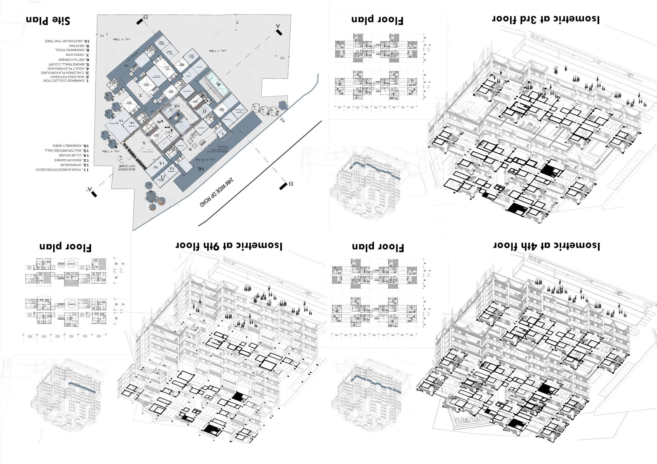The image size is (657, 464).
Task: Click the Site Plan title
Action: click(x=48, y=20)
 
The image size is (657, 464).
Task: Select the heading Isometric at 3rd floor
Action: click(x=546, y=19)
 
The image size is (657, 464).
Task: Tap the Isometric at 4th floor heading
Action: click(x=546, y=245)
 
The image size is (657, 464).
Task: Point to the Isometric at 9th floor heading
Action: click(x=229, y=246)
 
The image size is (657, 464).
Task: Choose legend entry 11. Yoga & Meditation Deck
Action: click(x=62, y=170)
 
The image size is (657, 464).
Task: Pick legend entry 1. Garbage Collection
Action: click(x=66, y=81)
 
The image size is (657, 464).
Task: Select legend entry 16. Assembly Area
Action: click(x=70, y=146)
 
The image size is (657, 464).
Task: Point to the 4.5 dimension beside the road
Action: click(x=283, y=120)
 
